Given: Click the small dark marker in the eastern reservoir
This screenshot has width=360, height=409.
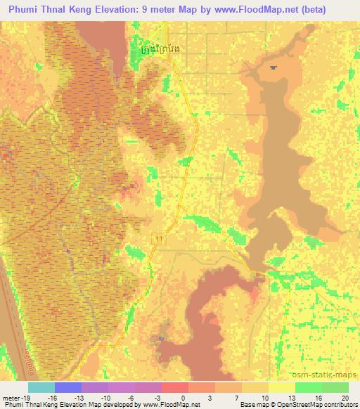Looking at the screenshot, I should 273,67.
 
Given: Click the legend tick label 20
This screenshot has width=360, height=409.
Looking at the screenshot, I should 345,397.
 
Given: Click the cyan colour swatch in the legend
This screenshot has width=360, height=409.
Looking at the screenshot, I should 41,387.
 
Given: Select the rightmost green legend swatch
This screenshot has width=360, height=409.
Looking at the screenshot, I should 335,387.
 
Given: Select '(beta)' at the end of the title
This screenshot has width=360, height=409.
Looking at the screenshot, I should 338,8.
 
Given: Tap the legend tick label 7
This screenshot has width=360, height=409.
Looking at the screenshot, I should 239,397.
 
